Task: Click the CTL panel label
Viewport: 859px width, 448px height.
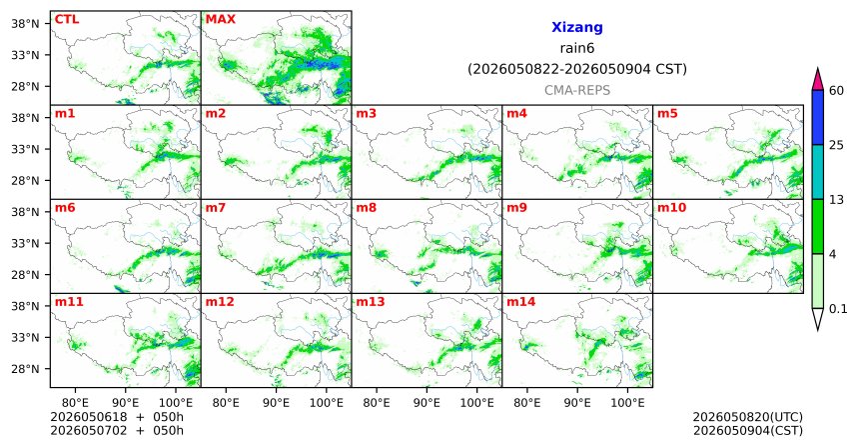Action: point(67,20)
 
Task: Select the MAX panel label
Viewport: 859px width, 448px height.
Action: point(220,20)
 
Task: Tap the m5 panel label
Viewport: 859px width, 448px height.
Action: point(667,114)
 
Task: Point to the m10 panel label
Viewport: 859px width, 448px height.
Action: point(671,208)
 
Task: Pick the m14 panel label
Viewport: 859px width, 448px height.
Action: point(520,302)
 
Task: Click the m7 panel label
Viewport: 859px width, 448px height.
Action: point(216,208)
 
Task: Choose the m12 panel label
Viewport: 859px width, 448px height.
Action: point(220,302)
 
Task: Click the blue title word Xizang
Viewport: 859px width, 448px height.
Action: point(577,27)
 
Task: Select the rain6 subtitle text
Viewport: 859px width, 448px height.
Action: point(577,48)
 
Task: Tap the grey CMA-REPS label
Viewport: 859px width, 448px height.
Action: point(577,90)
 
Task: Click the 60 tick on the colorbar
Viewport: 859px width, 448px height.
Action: point(836,90)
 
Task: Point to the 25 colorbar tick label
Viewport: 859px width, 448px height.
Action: point(836,145)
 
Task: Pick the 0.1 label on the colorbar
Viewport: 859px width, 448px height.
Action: point(838,309)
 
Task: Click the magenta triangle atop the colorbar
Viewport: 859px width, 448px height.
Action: point(818,79)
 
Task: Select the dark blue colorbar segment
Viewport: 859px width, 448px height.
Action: point(818,117)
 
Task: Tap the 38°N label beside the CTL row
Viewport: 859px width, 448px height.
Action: point(25,24)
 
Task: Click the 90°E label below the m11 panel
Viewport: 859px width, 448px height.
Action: point(126,403)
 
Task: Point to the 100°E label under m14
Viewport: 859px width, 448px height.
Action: point(627,403)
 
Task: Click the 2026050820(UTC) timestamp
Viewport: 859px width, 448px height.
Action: point(748,418)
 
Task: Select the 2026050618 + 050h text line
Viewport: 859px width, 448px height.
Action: point(117,417)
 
